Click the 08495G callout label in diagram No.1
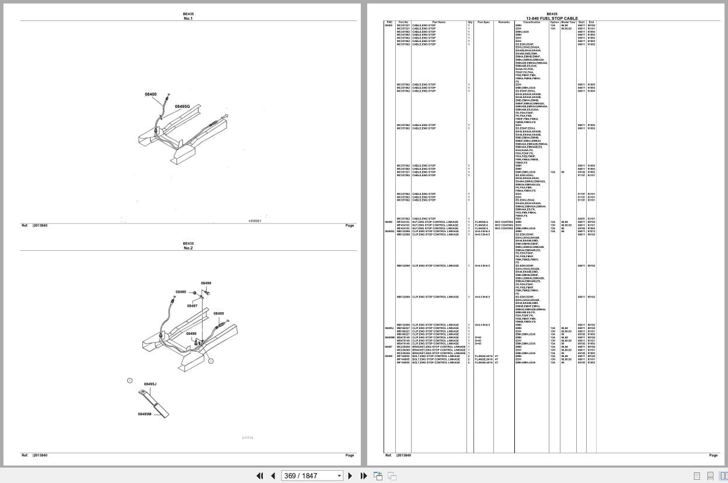click(182, 106)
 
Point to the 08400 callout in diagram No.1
click(151, 94)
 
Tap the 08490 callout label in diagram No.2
click(181, 292)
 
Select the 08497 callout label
click(192, 306)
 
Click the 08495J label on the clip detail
click(150, 384)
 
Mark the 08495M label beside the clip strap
click(144, 414)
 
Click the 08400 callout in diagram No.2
click(218, 313)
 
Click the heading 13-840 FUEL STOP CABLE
click(552, 18)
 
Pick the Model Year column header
click(568, 22)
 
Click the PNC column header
click(389, 22)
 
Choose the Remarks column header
click(504, 22)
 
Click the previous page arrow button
click(273, 475)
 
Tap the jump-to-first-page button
click(260, 475)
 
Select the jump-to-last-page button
click(363, 475)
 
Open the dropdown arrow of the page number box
click(339, 475)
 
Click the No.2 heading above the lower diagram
click(188, 248)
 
